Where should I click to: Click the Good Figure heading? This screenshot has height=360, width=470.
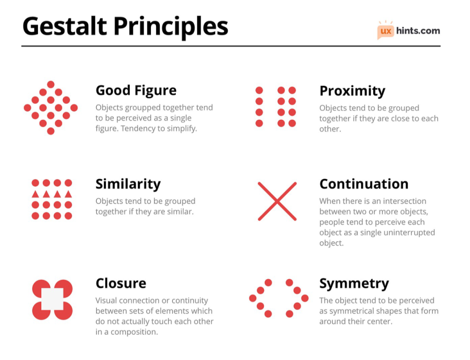click(136, 91)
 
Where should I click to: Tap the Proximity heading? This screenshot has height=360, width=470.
click(352, 91)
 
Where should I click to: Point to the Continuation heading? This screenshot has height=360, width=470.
click(364, 184)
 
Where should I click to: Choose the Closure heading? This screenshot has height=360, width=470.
click(121, 283)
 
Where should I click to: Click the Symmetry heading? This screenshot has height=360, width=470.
click(354, 284)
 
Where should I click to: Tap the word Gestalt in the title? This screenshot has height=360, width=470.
click(64, 26)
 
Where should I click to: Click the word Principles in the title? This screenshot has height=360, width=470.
click(171, 27)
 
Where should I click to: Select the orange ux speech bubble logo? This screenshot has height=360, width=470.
click(386, 31)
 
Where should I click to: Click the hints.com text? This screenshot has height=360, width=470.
click(418, 31)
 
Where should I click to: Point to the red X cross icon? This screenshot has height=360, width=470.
click(277, 201)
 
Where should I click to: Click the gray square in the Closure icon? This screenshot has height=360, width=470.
click(52, 299)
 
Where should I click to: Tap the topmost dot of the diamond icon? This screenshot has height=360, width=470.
click(50, 84)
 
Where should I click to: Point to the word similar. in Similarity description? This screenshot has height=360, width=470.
click(180, 212)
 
